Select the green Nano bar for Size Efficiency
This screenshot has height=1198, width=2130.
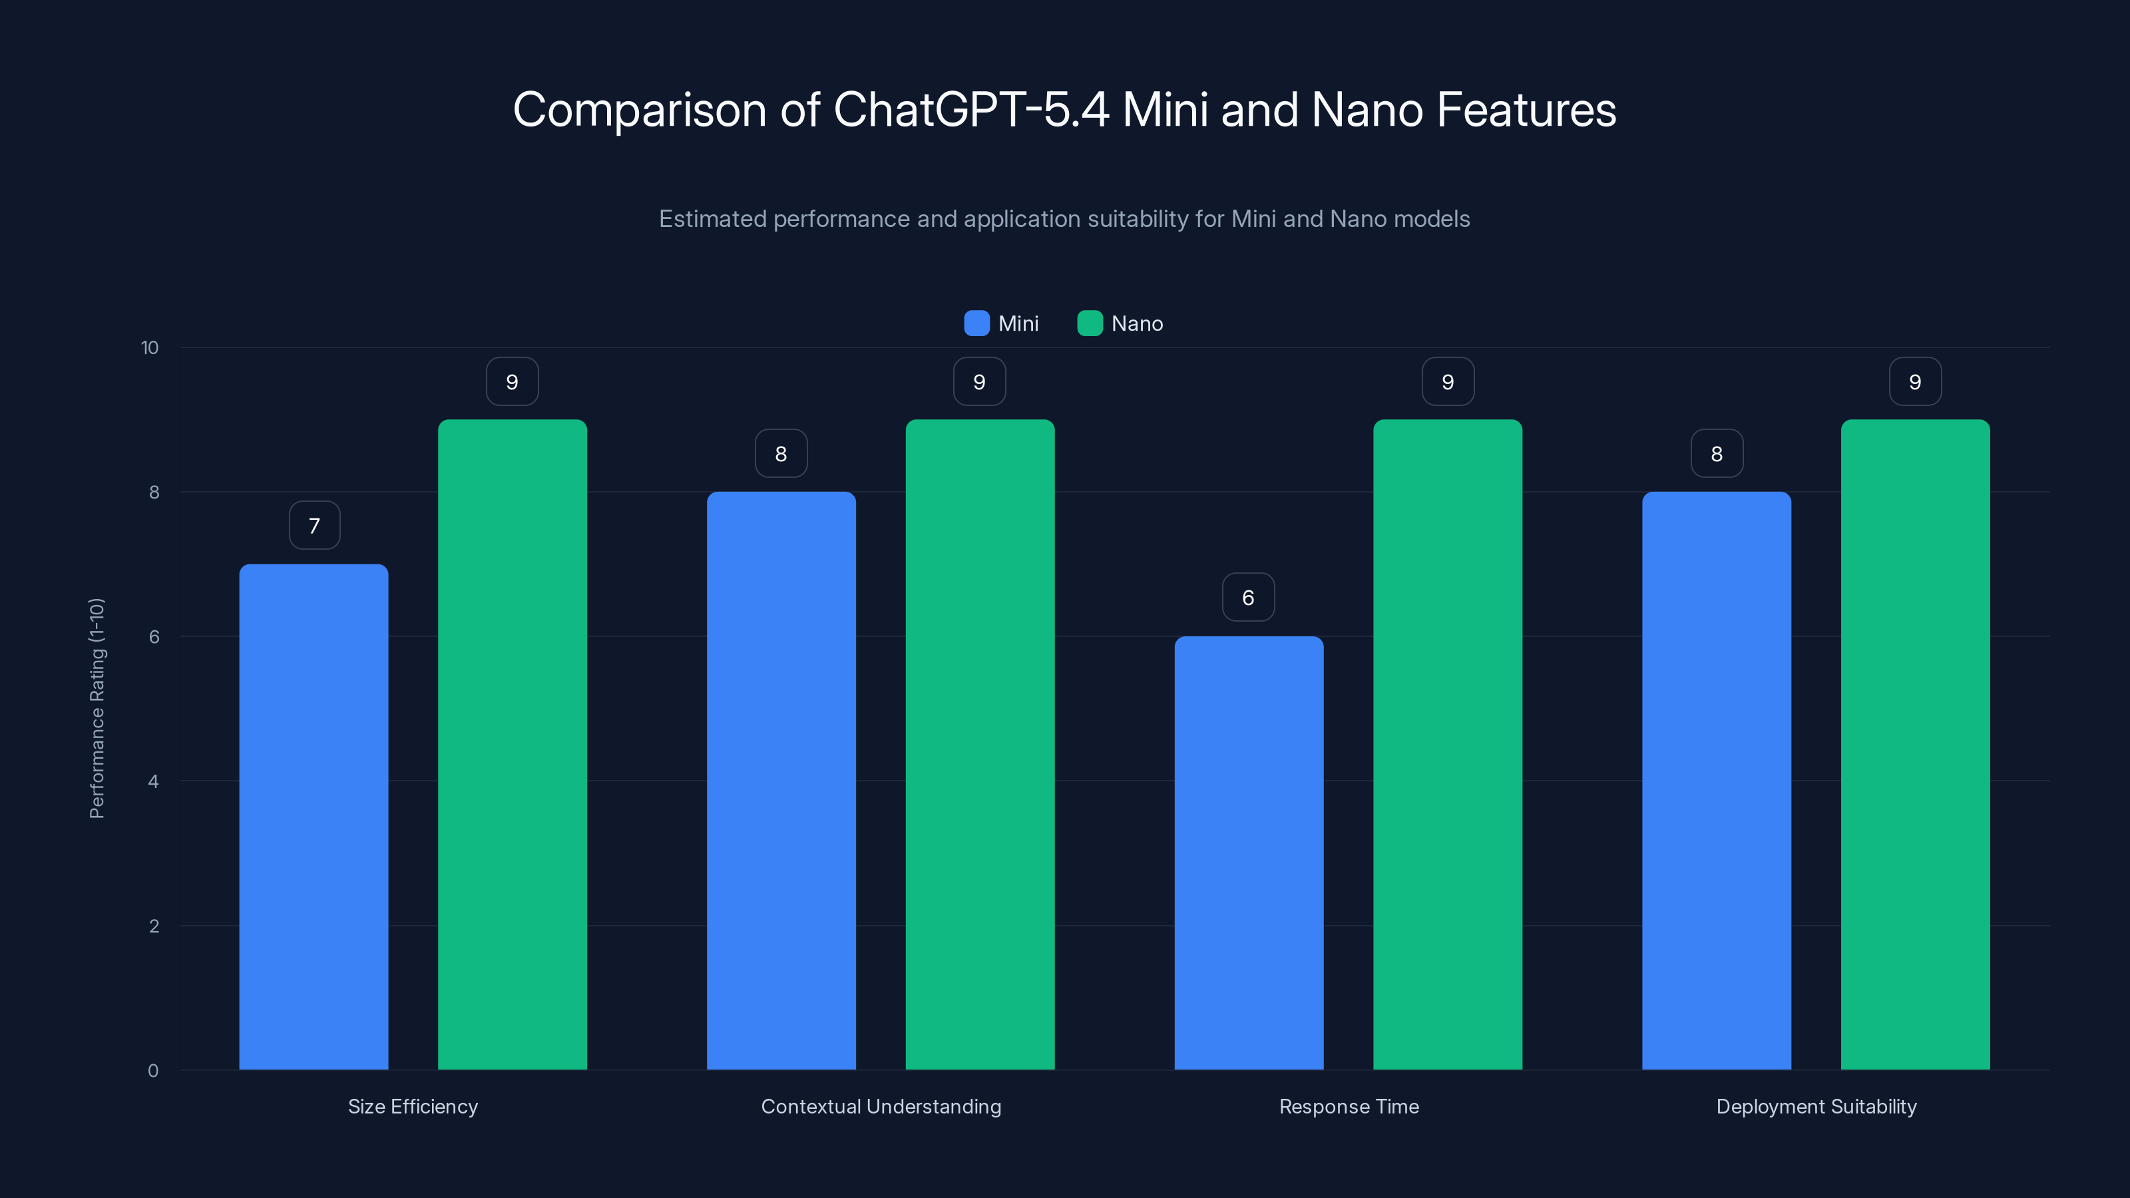512,744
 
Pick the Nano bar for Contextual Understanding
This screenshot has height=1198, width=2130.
980,744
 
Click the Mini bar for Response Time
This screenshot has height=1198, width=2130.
1249,853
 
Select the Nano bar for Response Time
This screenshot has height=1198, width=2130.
1447,744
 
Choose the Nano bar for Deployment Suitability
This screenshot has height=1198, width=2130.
1915,744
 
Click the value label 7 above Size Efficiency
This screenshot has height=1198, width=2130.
314,526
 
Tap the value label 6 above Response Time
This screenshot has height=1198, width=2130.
1249,598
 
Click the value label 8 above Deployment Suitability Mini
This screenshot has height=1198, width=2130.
1717,454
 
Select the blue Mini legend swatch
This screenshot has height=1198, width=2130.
976,323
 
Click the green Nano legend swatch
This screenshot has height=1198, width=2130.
1090,323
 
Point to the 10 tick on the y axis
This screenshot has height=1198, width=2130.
150,348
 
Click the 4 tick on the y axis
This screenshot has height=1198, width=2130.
153,781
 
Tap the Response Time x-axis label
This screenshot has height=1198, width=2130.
1349,1106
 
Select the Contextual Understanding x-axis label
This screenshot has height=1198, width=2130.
881,1106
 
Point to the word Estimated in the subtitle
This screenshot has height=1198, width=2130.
712,219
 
